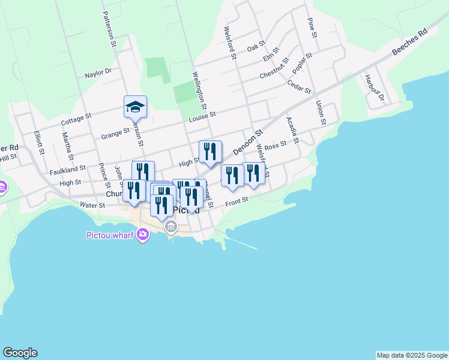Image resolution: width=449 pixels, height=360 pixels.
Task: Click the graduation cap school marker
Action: coord(135,107)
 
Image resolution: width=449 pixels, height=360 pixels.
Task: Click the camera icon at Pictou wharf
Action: coord(142,235)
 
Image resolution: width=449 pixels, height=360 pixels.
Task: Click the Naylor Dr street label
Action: coord(98,72)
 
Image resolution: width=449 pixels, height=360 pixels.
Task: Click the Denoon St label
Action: coord(248,142)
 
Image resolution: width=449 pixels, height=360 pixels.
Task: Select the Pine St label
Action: coord(312,28)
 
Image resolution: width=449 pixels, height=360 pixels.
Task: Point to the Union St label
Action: coord(320,112)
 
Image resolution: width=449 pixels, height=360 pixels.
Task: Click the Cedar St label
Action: coord(299,87)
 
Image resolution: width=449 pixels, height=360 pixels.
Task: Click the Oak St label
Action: coord(256,46)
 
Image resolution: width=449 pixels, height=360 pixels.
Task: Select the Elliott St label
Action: coord(39,143)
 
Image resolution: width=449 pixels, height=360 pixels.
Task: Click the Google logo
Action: coord(20,353)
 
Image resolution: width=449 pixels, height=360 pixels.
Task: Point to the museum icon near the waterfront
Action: coord(172,227)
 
